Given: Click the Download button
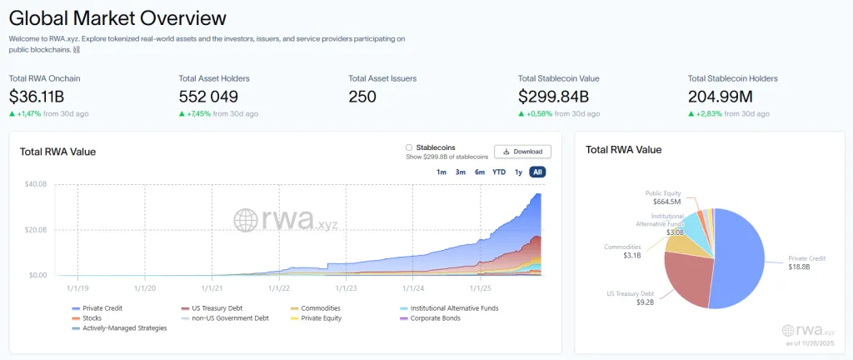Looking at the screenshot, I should coord(522,152).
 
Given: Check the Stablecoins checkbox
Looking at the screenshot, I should coord(409,147).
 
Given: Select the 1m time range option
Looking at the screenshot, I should coord(441,172).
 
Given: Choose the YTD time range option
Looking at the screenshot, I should coord(498,172).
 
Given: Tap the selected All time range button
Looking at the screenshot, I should coord(537,172).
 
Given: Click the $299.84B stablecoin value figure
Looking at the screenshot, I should coord(553,97).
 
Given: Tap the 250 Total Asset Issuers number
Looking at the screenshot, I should coord(362,97).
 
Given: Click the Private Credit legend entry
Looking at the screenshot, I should coord(103,308).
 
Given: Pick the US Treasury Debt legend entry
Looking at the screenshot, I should coord(217,308).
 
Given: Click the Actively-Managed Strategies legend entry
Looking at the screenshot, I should coord(124,327).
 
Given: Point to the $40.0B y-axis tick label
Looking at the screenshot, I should coord(35,184).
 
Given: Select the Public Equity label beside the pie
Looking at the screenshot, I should coord(663,193).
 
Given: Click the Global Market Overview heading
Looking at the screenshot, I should coord(117,17).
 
